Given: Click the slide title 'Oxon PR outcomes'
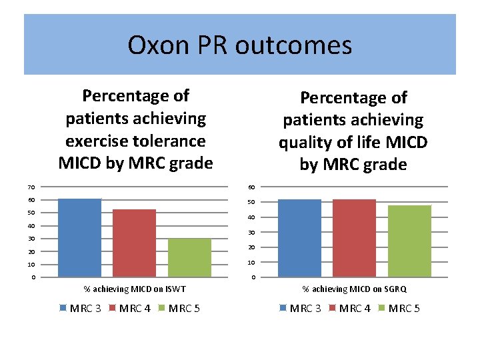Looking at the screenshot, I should [x=239, y=45].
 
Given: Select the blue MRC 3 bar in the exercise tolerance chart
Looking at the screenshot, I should [x=80, y=237].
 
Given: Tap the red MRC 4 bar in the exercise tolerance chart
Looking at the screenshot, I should [x=134, y=243].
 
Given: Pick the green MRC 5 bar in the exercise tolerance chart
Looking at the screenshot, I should [x=189, y=257].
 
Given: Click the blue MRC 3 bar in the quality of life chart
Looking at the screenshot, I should [x=299, y=238].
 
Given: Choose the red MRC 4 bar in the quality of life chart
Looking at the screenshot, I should [x=354, y=238].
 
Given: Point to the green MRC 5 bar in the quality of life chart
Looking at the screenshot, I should [x=409, y=241].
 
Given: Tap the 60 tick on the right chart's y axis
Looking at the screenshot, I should [x=251, y=187].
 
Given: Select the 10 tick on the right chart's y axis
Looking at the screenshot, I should [x=251, y=263].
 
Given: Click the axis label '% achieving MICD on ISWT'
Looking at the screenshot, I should [x=134, y=289].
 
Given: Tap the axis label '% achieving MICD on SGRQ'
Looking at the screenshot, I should [x=354, y=289].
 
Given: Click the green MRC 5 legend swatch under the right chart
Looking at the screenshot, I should [x=382, y=308].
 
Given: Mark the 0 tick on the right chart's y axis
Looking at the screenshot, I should [x=252, y=278].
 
